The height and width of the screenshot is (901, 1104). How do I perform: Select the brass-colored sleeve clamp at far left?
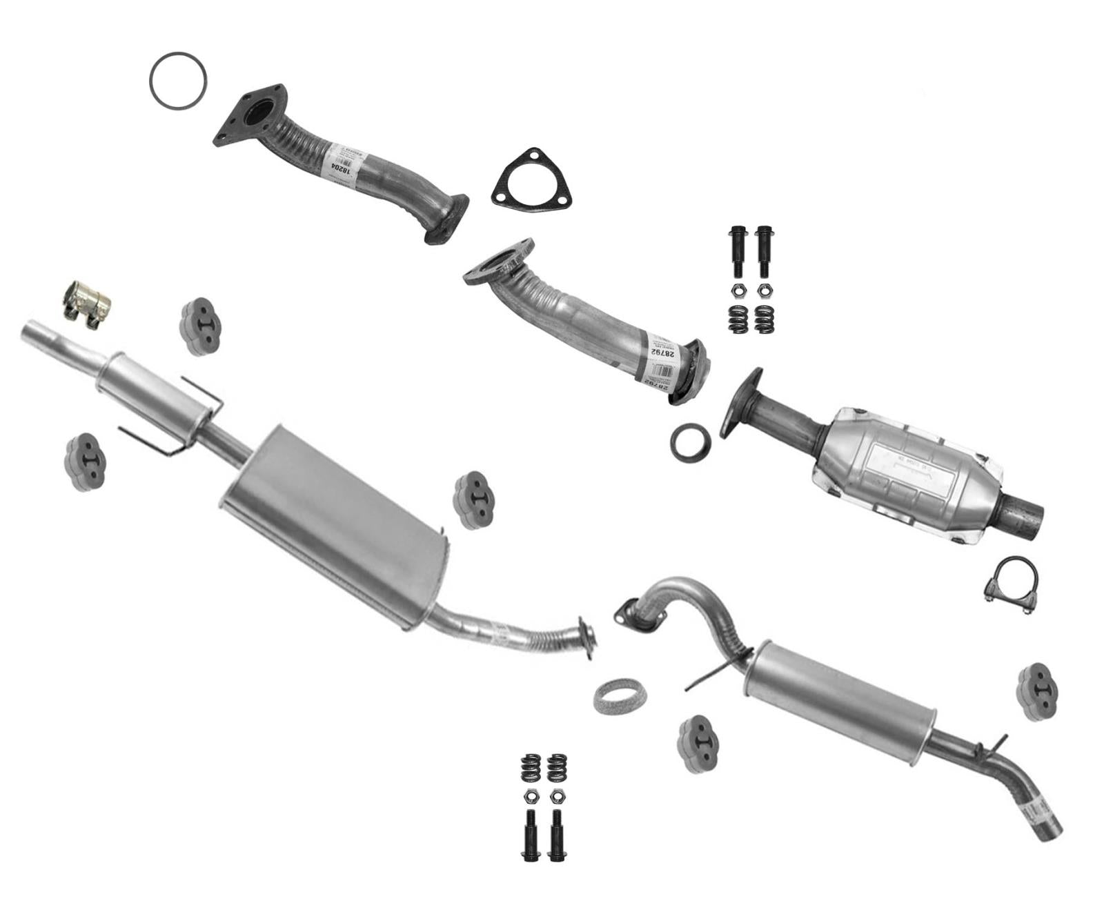pos(87,303)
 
